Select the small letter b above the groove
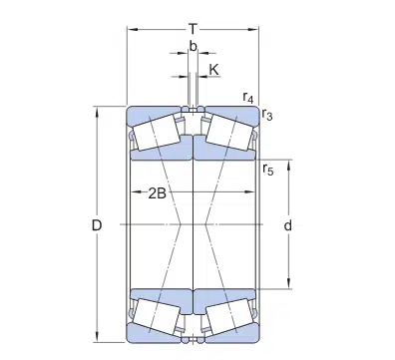(x=192, y=46)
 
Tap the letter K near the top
(x=212, y=69)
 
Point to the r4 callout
(x=248, y=97)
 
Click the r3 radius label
(x=267, y=116)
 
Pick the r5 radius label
(x=267, y=169)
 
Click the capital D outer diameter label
(x=98, y=226)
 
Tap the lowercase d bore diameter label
(x=287, y=226)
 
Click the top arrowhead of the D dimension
(x=98, y=109)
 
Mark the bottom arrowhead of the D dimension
(x=98, y=340)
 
